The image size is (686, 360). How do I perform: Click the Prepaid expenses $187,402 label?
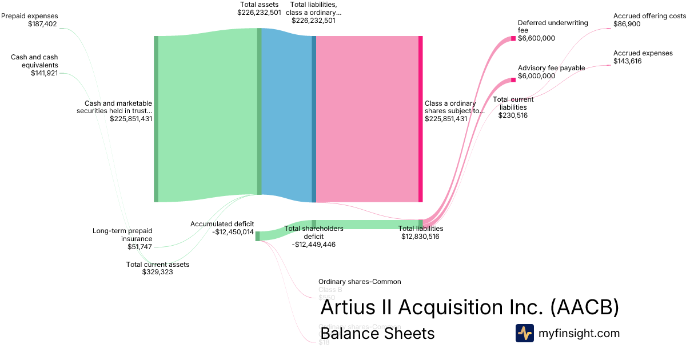point(30,20)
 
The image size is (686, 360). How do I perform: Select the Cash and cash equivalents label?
point(34,65)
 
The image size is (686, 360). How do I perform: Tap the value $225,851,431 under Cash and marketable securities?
point(131,119)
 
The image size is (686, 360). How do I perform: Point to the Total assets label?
point(259,8)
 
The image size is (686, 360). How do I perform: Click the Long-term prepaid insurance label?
point(122,239)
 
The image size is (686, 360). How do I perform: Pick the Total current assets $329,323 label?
point(157,268)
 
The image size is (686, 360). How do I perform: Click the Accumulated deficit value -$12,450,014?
point(233,232)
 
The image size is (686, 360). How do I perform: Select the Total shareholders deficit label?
point(313,236)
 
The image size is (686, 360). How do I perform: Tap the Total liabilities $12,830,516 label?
point(420,232)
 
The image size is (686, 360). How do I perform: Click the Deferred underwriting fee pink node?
point(513,38)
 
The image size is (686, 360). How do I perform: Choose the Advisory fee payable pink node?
point(513,79)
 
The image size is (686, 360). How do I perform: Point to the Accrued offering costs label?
point(649,20)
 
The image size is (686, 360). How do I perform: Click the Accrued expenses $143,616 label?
point(643,57)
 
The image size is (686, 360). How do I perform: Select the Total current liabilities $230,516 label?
point(513,107)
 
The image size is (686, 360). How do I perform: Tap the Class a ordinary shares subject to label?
point(454,111)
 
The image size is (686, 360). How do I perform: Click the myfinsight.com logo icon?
point(524,333)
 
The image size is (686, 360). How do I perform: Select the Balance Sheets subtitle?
point(377,333)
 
